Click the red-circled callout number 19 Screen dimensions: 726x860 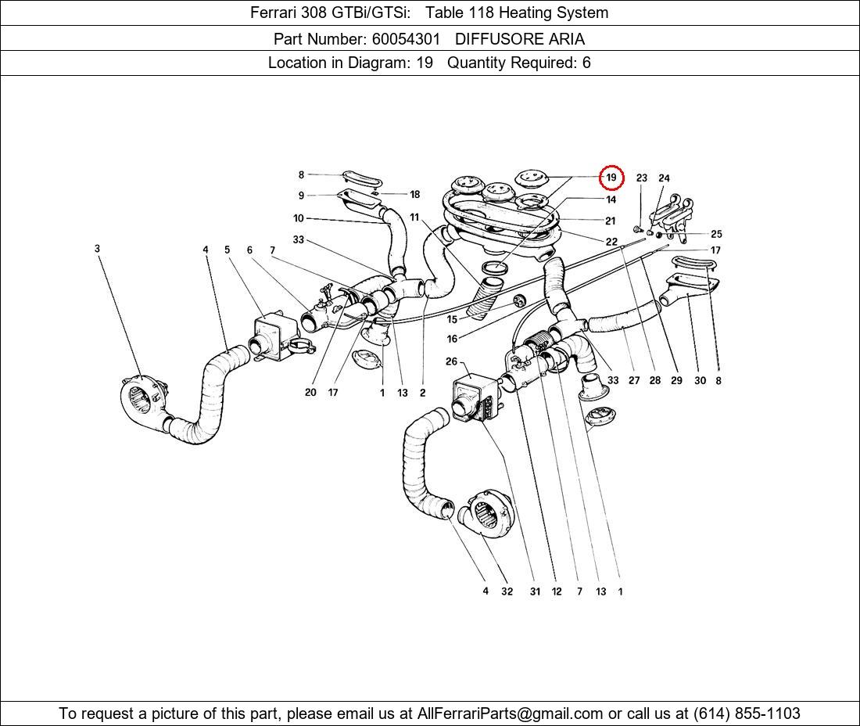pos(611,178)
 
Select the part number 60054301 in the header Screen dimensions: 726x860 pos(405,38)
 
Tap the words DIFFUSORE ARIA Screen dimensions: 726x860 pos(519,38)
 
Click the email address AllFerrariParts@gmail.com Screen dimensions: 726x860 pos(511,713)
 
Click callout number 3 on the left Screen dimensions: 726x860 pos(98,249)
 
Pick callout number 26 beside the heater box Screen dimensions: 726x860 pos(451,361)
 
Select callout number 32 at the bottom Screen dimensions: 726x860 pos(507,591)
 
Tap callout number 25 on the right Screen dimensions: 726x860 pos(716,234)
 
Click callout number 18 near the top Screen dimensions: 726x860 pos(414,195)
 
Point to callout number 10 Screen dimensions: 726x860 pos(299,218)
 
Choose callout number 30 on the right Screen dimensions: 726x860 pos(700,381)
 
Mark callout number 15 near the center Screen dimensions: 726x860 pos(452,319)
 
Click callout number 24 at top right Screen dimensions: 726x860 pos(664,178)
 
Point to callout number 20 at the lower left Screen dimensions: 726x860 pos(310,392)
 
